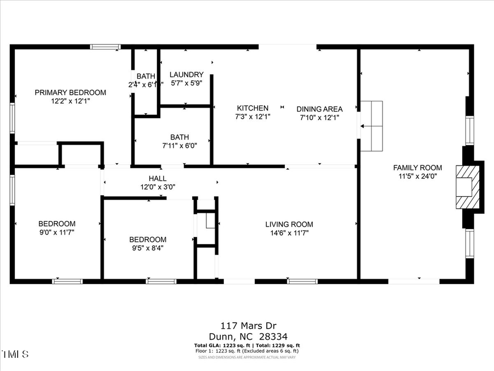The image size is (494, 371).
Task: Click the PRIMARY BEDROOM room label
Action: pyautogui.click(x=70, y=92)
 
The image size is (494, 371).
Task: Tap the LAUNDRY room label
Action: pyautogui.click(x=187, y=75)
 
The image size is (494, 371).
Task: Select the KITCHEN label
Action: pyautogui.click(x=252, y=108)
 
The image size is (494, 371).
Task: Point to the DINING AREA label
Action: pyautogui.click(x=319, y=109)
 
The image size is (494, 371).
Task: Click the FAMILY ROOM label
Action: pyautogui.click(x=417, y=168)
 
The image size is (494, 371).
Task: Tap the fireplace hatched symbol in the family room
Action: pyautogui.click(x=469, y=186)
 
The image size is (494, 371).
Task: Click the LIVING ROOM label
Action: pyautogui.click(x=289, y=224)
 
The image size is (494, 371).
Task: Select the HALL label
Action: pyautogui.click(x=158, y=179)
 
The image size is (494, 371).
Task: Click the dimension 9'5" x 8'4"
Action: pyautogui.click(x=148, y=248)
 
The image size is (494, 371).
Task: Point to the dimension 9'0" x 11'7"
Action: pyautogui.click(x=57, y=232)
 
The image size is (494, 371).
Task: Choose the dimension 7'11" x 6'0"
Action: pyautogui.click(x=179, y=146)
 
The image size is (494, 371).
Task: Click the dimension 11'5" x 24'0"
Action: pyautogui.click(x=417, y=176)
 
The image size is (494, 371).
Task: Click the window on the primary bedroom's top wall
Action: pyautogui.click(x=105, y=47)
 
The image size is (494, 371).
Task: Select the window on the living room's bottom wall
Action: pyautogui.click(x=302, y=281)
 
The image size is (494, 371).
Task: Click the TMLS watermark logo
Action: pyautogui.click(x=16, y=353)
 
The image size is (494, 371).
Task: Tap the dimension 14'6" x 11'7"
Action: pyautogui.click(x=289, y=233)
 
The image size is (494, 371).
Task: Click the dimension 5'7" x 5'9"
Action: pyautogui.click(x=187, y=84)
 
